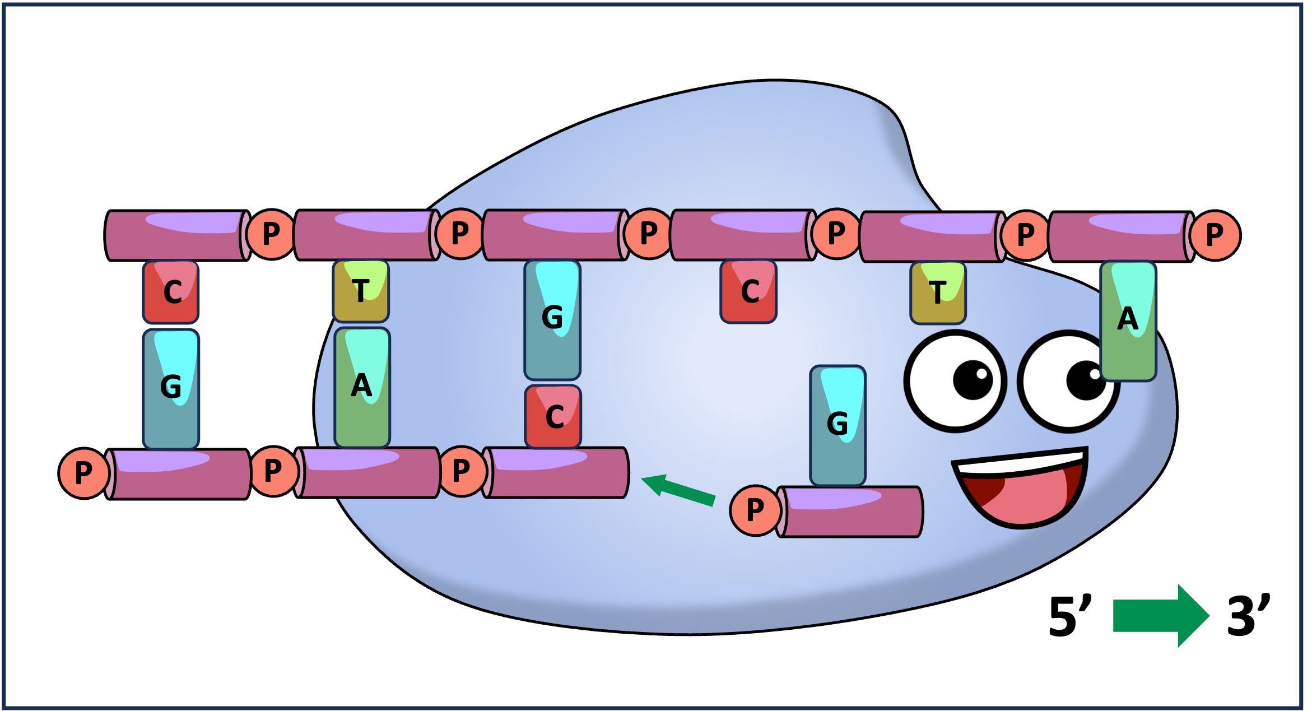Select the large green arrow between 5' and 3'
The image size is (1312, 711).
point(1160,615)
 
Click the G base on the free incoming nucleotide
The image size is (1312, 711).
point(838,425)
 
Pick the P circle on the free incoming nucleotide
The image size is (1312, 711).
point(755,510)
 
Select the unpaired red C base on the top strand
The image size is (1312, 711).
point(748,292)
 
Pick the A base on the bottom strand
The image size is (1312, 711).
point(362,387)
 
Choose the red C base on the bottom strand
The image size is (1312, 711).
point(553,417)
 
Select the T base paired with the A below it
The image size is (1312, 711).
point(361,291)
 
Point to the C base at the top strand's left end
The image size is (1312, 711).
point(171,292)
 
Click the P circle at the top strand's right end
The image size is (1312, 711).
point(1215,235)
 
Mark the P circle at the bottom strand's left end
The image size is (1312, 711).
point(83,473)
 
